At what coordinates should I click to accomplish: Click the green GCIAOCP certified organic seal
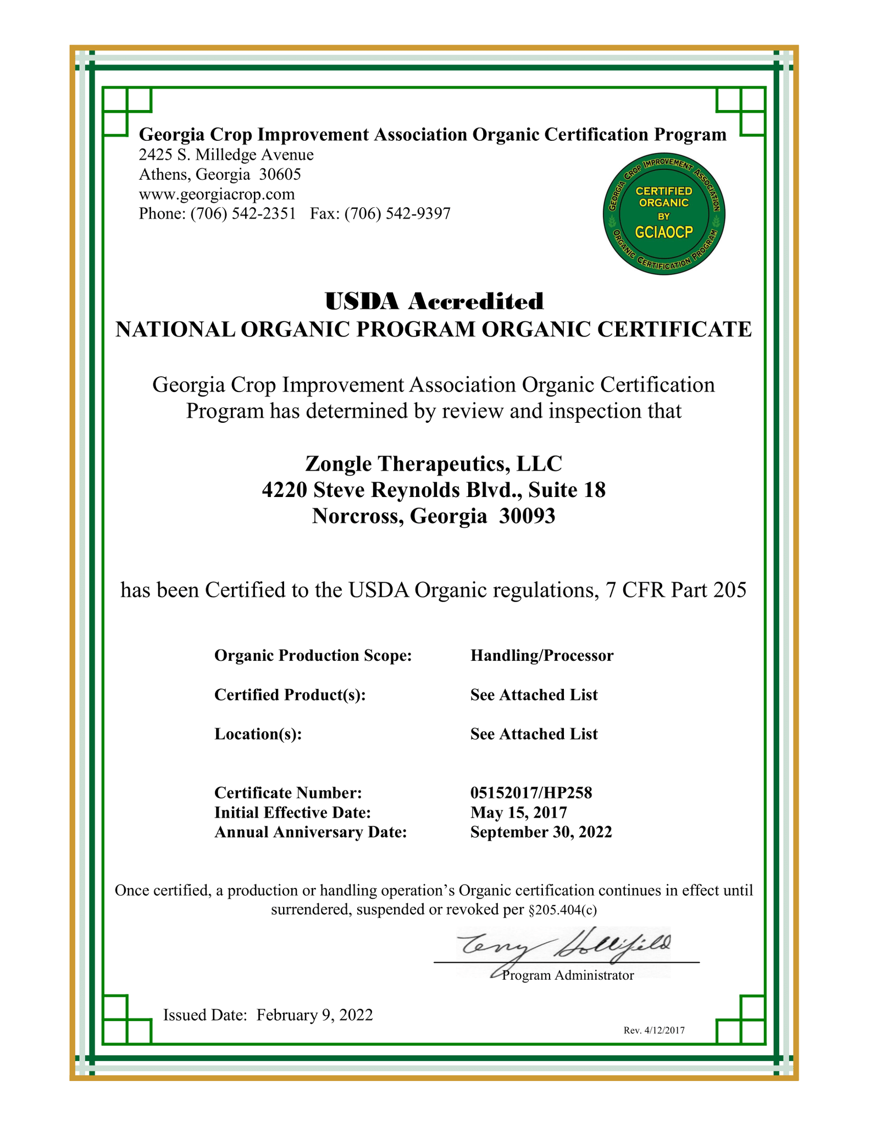pos(663,214)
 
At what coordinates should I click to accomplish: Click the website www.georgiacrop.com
pos(217,194)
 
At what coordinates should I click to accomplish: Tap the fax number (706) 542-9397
pos(397,213)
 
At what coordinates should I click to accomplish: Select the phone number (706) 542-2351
pos(243,213)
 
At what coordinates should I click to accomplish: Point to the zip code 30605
pos(280,175)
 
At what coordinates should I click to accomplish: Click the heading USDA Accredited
pos(434,301)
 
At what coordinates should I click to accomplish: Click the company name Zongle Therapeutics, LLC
pos(434,463)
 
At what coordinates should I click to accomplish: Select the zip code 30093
pos(527,516)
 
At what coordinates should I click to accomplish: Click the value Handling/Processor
pos(541,655)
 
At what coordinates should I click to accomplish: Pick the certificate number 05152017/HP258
pos(531,793)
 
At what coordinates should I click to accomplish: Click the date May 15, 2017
pos(518,812)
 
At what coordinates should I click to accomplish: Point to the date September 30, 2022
pos(541,832)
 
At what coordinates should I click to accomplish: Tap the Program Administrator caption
pos(568,975)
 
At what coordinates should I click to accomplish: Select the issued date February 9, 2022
pos(314,1015)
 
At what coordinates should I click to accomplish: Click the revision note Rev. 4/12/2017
pos(654,1030)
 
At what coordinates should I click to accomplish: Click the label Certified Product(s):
pos(290,695)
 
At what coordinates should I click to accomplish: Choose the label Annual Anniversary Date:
pos(311,832)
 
